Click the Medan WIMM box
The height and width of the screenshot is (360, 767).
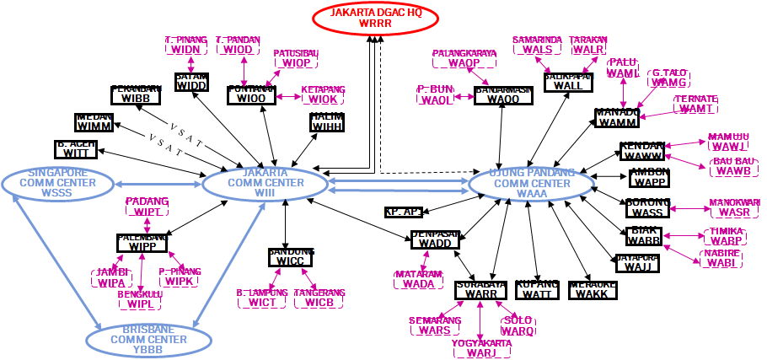pos(94,121)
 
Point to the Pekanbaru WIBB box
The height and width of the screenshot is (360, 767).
pos(135,94)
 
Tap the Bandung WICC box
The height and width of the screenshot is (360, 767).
pos(291,256)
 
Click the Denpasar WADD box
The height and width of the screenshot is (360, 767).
pos(435,239)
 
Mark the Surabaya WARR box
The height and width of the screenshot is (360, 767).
pos(479,289)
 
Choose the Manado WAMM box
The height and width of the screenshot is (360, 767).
pos(617,117)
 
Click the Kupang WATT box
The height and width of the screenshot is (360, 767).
pos(536,289)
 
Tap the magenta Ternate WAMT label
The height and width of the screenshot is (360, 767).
pos(695,104)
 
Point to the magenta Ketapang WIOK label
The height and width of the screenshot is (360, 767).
pos(323,94)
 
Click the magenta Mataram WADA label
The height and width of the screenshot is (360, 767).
pos(419,279)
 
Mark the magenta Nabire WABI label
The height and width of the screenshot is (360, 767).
pos(720,257)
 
